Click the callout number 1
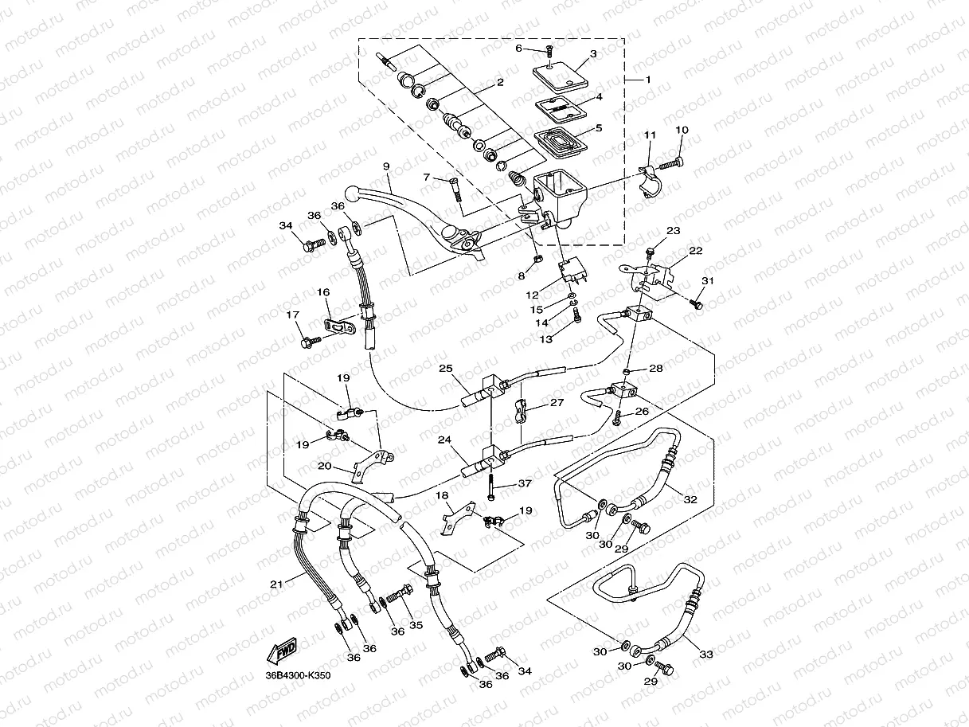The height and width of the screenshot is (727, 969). (x=648, y=80)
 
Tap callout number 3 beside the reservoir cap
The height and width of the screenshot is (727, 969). (x=593, y=54)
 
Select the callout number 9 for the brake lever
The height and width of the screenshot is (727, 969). (x=386, y=166)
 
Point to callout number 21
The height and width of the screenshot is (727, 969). (x=276, y=584)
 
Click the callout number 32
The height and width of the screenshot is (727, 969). (x=690, y=499)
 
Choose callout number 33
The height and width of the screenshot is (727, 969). (x=706, y=654)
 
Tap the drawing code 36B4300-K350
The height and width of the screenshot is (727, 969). (x=298, y=676)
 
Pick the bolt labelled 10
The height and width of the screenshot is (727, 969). (x=670, y=162)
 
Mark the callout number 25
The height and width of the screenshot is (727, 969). (x=446, y=368)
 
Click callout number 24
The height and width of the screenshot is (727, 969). (x=444, y=439)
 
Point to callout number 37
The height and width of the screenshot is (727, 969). (x=524, y=483)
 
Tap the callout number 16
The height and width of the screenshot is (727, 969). (x=323, y=293)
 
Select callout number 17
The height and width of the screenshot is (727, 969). (x=292, y=315)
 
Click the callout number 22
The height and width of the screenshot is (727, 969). (x=696, y=251)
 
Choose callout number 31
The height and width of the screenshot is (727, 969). (x=708, y=281)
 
